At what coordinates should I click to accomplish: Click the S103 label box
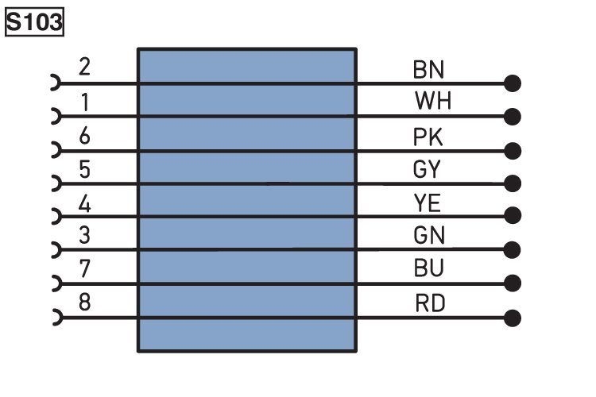pos(34,22)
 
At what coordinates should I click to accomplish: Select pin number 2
pos(84,67)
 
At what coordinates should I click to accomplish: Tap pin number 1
pos(85,102)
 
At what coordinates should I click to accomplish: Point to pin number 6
pos(84,136)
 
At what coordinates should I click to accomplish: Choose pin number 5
pos(85,169)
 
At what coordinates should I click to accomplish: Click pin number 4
pos(84,204)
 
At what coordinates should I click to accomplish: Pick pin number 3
pos(84,235)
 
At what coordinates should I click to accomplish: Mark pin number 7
pos(84,268)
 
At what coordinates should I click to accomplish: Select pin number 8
pos(84,303)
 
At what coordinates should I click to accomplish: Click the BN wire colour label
pos(428,70)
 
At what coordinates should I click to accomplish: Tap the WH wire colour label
pos(433,101)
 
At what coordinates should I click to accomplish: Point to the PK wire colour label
pos(428,137)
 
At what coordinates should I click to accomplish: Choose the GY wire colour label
pos(427,169)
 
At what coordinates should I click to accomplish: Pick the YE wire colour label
pos(428,203)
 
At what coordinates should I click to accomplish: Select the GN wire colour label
pos(429,235)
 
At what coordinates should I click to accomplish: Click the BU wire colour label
pos(429,268)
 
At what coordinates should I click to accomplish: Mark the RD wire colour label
pos(430,303)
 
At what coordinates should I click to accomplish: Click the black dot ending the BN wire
pos(513,83)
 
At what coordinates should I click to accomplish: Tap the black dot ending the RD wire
pos(513,318)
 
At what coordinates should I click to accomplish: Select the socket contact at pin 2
pos(56,83)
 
